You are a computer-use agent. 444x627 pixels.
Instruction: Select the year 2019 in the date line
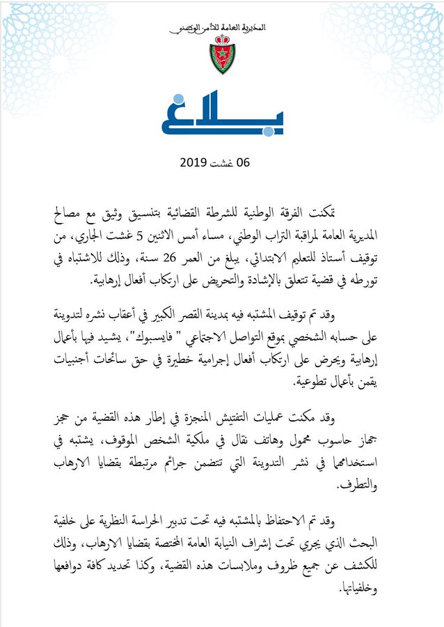pyautogui.click(x=195, y=162)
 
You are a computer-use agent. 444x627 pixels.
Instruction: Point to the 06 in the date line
pyautogui.click(x=242, y=162)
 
